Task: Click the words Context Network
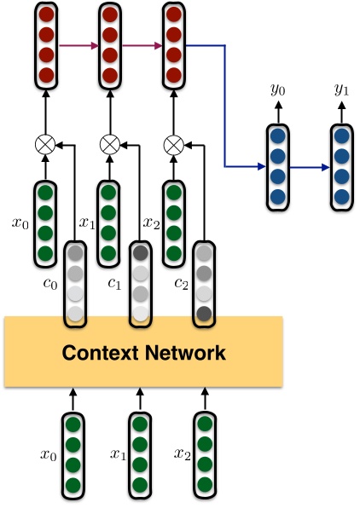(x=142, y=352)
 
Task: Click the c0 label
(x=53, y=283)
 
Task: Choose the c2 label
(x=181, y=283)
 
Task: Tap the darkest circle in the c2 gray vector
(x=204, y=313)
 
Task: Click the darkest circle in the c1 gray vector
(x=139, y=253)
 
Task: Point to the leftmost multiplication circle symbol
(x=45, y=144)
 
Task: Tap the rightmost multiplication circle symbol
(x=173, y=144)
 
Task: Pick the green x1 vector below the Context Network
(x=139, y=454)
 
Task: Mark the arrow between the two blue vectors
(x=311, y=166)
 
